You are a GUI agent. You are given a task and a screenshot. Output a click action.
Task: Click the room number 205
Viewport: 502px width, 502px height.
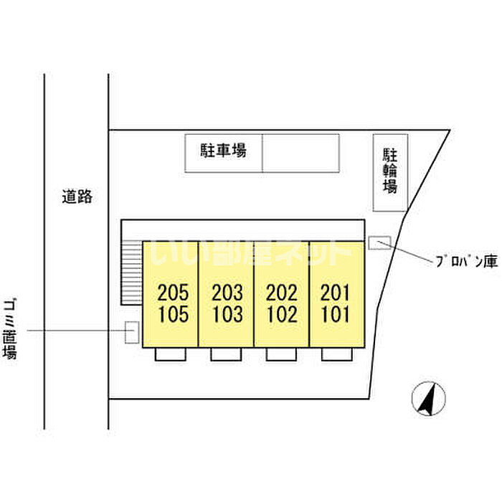click(x=173, y=293)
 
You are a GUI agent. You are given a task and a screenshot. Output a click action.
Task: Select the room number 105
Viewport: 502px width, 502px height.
click(x=174, y=314)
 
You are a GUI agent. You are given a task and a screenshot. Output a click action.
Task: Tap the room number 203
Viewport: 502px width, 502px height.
click(x=227, y=293)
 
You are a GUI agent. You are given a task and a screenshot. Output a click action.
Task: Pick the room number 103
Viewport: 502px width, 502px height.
click(x=228, y=314)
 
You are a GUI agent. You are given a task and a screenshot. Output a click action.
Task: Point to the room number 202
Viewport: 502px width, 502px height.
click(x=282, y=293)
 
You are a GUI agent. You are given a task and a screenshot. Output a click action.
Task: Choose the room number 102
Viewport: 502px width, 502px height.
click(x=283, y=314)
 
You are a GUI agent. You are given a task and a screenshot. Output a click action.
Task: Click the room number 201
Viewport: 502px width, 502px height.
click(x=335, y=293)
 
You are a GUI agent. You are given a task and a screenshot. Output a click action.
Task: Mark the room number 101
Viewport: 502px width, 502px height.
click(x=336, y=314)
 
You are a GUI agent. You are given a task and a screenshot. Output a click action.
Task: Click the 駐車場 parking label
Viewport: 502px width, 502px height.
click(x=224, y=151)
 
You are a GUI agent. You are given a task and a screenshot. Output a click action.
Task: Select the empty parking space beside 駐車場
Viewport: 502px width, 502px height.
click(x=300, y=153)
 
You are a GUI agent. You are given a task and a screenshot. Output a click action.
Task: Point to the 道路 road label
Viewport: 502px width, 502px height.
click(x=77, y=196)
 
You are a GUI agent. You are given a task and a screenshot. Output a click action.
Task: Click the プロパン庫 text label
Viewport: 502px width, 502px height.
click(x=467, y=262)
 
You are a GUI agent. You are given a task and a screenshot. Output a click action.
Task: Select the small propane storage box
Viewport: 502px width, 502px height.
click(x=379, y=242)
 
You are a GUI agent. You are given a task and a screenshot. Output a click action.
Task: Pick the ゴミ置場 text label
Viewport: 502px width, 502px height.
click(x=10, y=328)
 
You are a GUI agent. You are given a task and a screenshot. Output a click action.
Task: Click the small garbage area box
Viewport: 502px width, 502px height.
click(x=131, y=332)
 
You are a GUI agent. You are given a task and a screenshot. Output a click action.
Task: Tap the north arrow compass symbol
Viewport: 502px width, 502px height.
click(x=428, y=399)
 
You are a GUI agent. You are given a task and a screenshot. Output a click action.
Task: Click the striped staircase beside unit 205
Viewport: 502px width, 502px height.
click(x=131, y=273)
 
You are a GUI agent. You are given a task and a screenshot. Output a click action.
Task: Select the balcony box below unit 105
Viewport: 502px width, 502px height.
click(x=171, y=354)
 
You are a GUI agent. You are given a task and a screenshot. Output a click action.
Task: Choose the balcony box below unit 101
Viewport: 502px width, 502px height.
click(x=337, y=354)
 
